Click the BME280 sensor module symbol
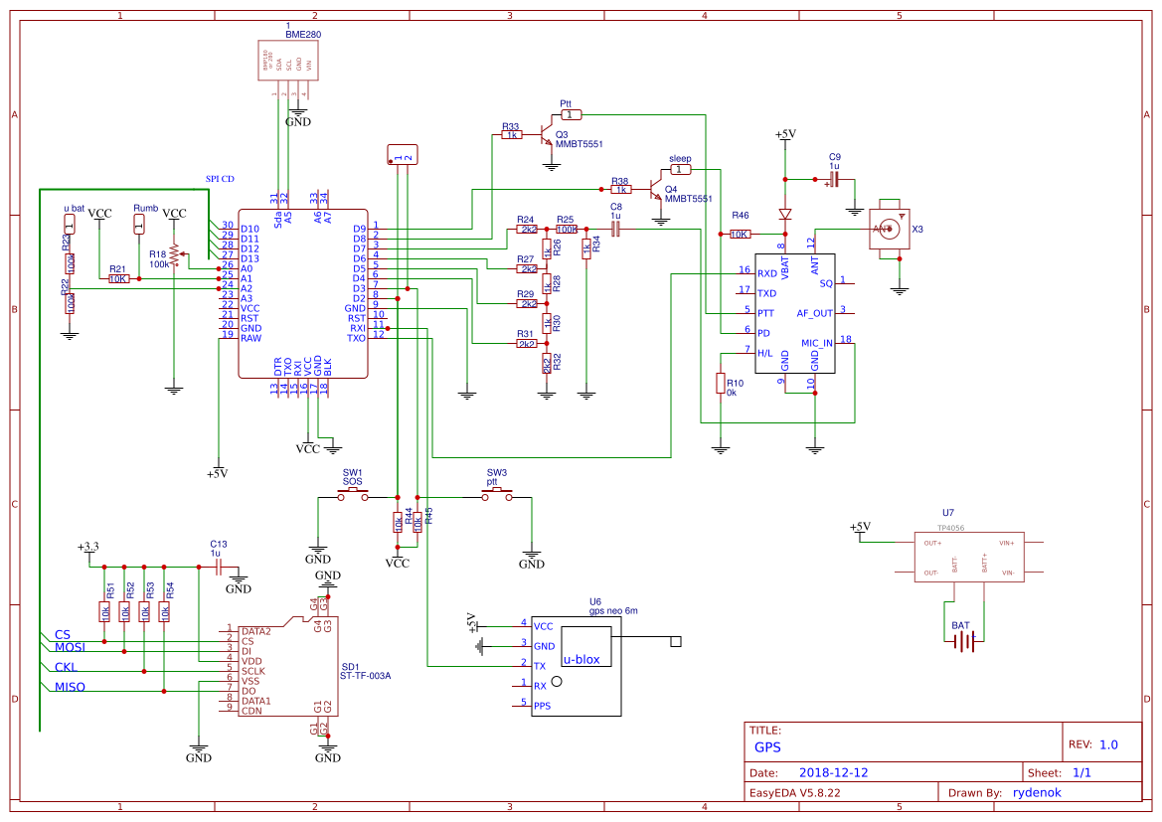tap(290, 66)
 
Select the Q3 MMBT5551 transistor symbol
tap(545, 133)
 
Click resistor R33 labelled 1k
tap(512, 134)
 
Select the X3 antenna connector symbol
tap(889, 230)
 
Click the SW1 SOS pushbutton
tap(353, 496)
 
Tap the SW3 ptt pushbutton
tap(497, 496)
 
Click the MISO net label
tap(70, 687)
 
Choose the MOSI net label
tap(70, 647)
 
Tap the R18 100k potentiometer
tap(174, 255)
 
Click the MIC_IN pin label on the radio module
tap(816, 343)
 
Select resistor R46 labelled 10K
tap(740, 234)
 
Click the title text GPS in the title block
tap(767, 747)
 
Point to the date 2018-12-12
tap(834, 772)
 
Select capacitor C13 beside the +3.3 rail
tap(218, 567)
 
